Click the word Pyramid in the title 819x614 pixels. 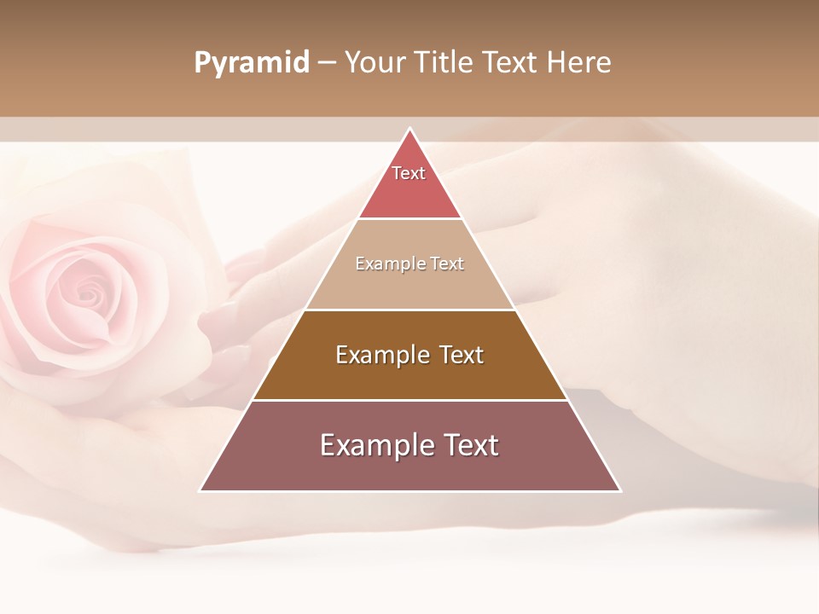point(252,63)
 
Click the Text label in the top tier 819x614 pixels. point(409,173)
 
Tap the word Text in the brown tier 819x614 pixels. point(462,355)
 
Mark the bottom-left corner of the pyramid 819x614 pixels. point(200,490)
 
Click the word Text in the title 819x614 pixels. point(510,63)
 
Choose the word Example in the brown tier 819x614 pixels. point(381,355)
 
